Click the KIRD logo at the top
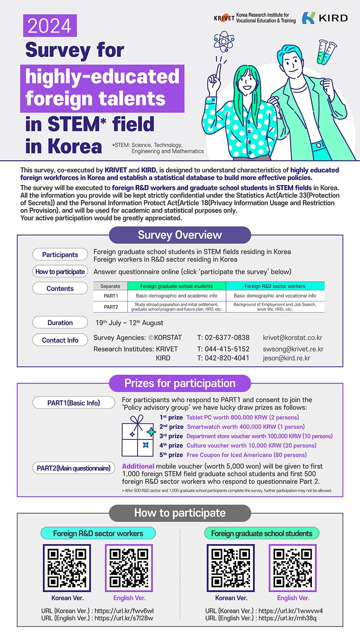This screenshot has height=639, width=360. [324, 18]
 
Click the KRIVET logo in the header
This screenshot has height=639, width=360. [254, 18]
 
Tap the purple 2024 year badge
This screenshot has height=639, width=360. [50, 26]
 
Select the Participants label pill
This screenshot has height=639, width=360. [60, 255]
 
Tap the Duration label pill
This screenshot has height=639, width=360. [60, 323]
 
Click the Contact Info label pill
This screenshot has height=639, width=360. [60, 340]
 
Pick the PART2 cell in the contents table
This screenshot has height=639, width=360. [111, 307]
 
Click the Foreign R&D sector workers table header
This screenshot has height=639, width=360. [275, 286]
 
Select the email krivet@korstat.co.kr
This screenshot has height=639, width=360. [292, 337]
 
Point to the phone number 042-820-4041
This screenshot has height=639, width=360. [223, 358]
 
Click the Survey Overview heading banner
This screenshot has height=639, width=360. [180, 235]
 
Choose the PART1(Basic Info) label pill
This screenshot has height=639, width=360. [74, 403]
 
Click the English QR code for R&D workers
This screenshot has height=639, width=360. [129, 568]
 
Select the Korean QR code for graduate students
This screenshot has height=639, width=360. [231, 568]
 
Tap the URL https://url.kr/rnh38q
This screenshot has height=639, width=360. [287, 618]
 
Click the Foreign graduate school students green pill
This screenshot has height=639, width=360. [262, 533]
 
